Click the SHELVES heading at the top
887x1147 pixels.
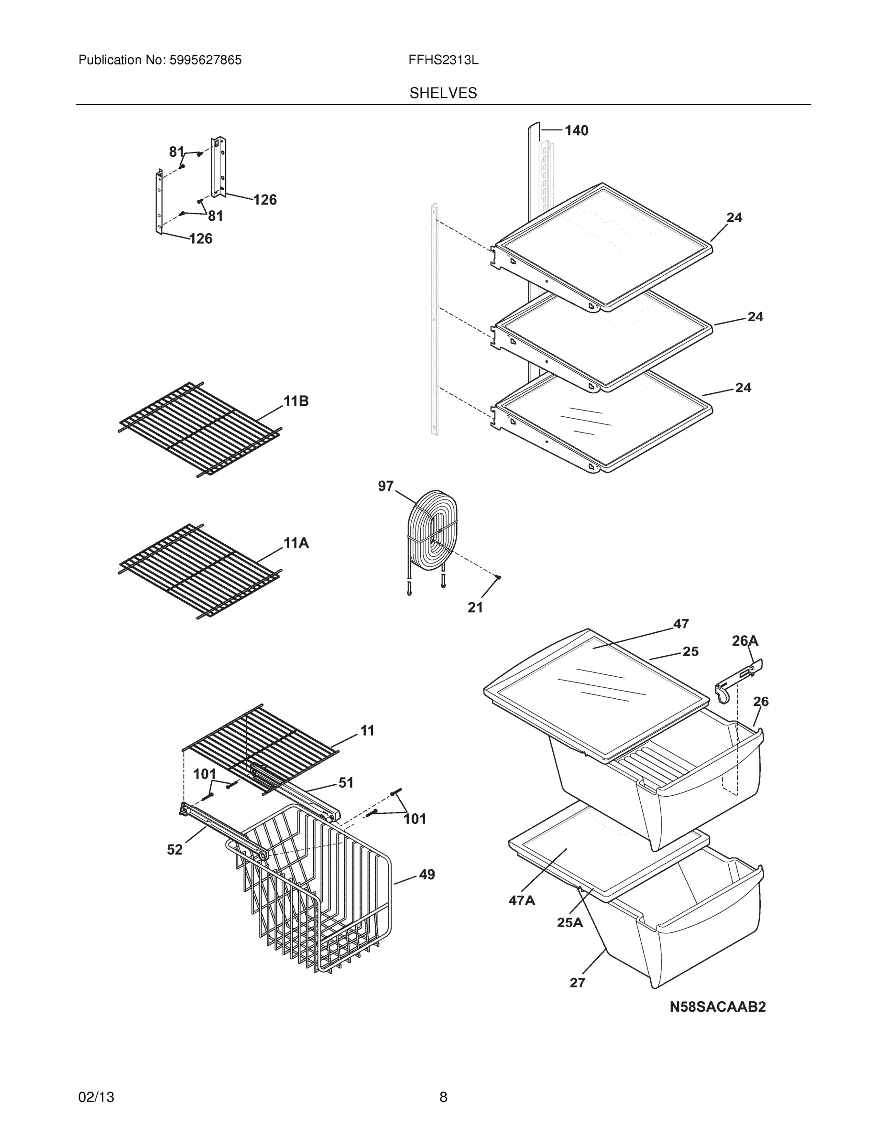pos(443,93)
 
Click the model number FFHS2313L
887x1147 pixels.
pos(443,60)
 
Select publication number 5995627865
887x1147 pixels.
pos(206,60)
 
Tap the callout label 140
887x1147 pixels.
pos(577,131)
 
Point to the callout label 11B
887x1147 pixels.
pos(296,401)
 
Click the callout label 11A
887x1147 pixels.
pos(296,543)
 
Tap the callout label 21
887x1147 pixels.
pos(475,607)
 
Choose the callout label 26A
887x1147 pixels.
pos(745,641)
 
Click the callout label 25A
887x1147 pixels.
pos(570,922)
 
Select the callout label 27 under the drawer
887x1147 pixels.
pos(578,983)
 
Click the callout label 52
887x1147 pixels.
pos(175,849)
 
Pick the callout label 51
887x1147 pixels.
pos(346,782)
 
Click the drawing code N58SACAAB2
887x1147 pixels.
pos(717,1007)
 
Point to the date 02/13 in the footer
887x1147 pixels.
pos(96,1097)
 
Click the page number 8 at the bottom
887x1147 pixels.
pos(443,1097)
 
